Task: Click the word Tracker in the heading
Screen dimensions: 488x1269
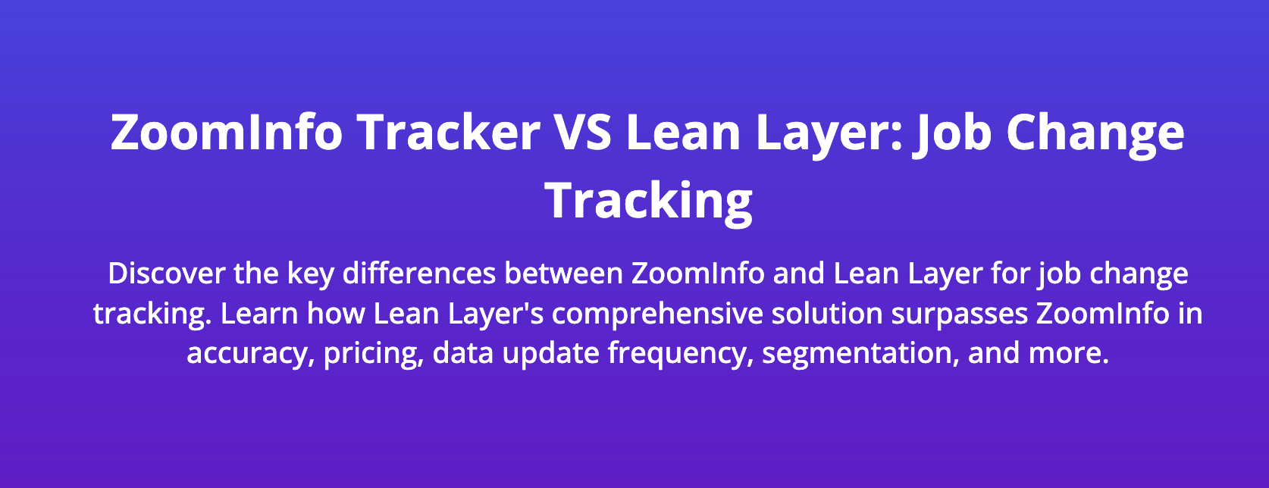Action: pyautogui.click(x=448, y=132)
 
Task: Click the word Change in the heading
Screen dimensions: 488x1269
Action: pyautogui.click(x=1095, y=132)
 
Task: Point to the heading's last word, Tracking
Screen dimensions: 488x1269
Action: pyautogui.click(x=649, y=201)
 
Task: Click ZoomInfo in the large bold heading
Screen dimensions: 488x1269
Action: pyautogui.click(x=227, y=132)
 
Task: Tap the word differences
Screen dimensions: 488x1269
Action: pyautogui.click(x=419, y=274)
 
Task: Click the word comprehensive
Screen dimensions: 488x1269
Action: pyautogui.click(x=657, y=314)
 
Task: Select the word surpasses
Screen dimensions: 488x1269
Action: pyautogui.click(x=959, y=314)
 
